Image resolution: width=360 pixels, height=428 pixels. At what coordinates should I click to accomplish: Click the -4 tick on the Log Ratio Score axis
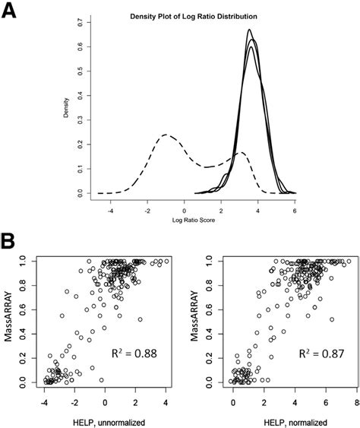coord(111,210)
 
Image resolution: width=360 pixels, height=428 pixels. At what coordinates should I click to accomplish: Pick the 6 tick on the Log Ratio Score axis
coord(293,210)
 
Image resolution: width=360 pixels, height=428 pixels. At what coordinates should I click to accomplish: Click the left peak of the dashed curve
coord(166,135)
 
